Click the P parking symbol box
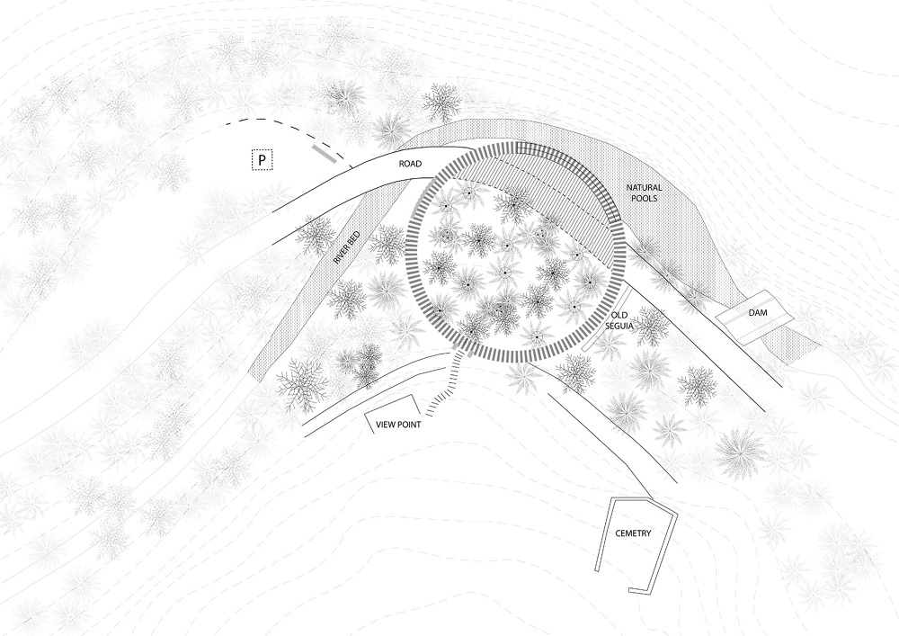[x=262, y=160]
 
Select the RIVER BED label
[x=346, y=246]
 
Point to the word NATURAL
[x=645, y=187]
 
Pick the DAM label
[x=756, y=312]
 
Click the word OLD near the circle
[x=619, y=315]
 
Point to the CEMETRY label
[x=633, y=533]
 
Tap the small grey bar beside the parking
[x=324, y=154]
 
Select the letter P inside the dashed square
[x=262, y=160]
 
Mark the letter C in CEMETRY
[x=618, y=533]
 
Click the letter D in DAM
[x=749, y=312]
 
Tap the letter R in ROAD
[x=403, y=165]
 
